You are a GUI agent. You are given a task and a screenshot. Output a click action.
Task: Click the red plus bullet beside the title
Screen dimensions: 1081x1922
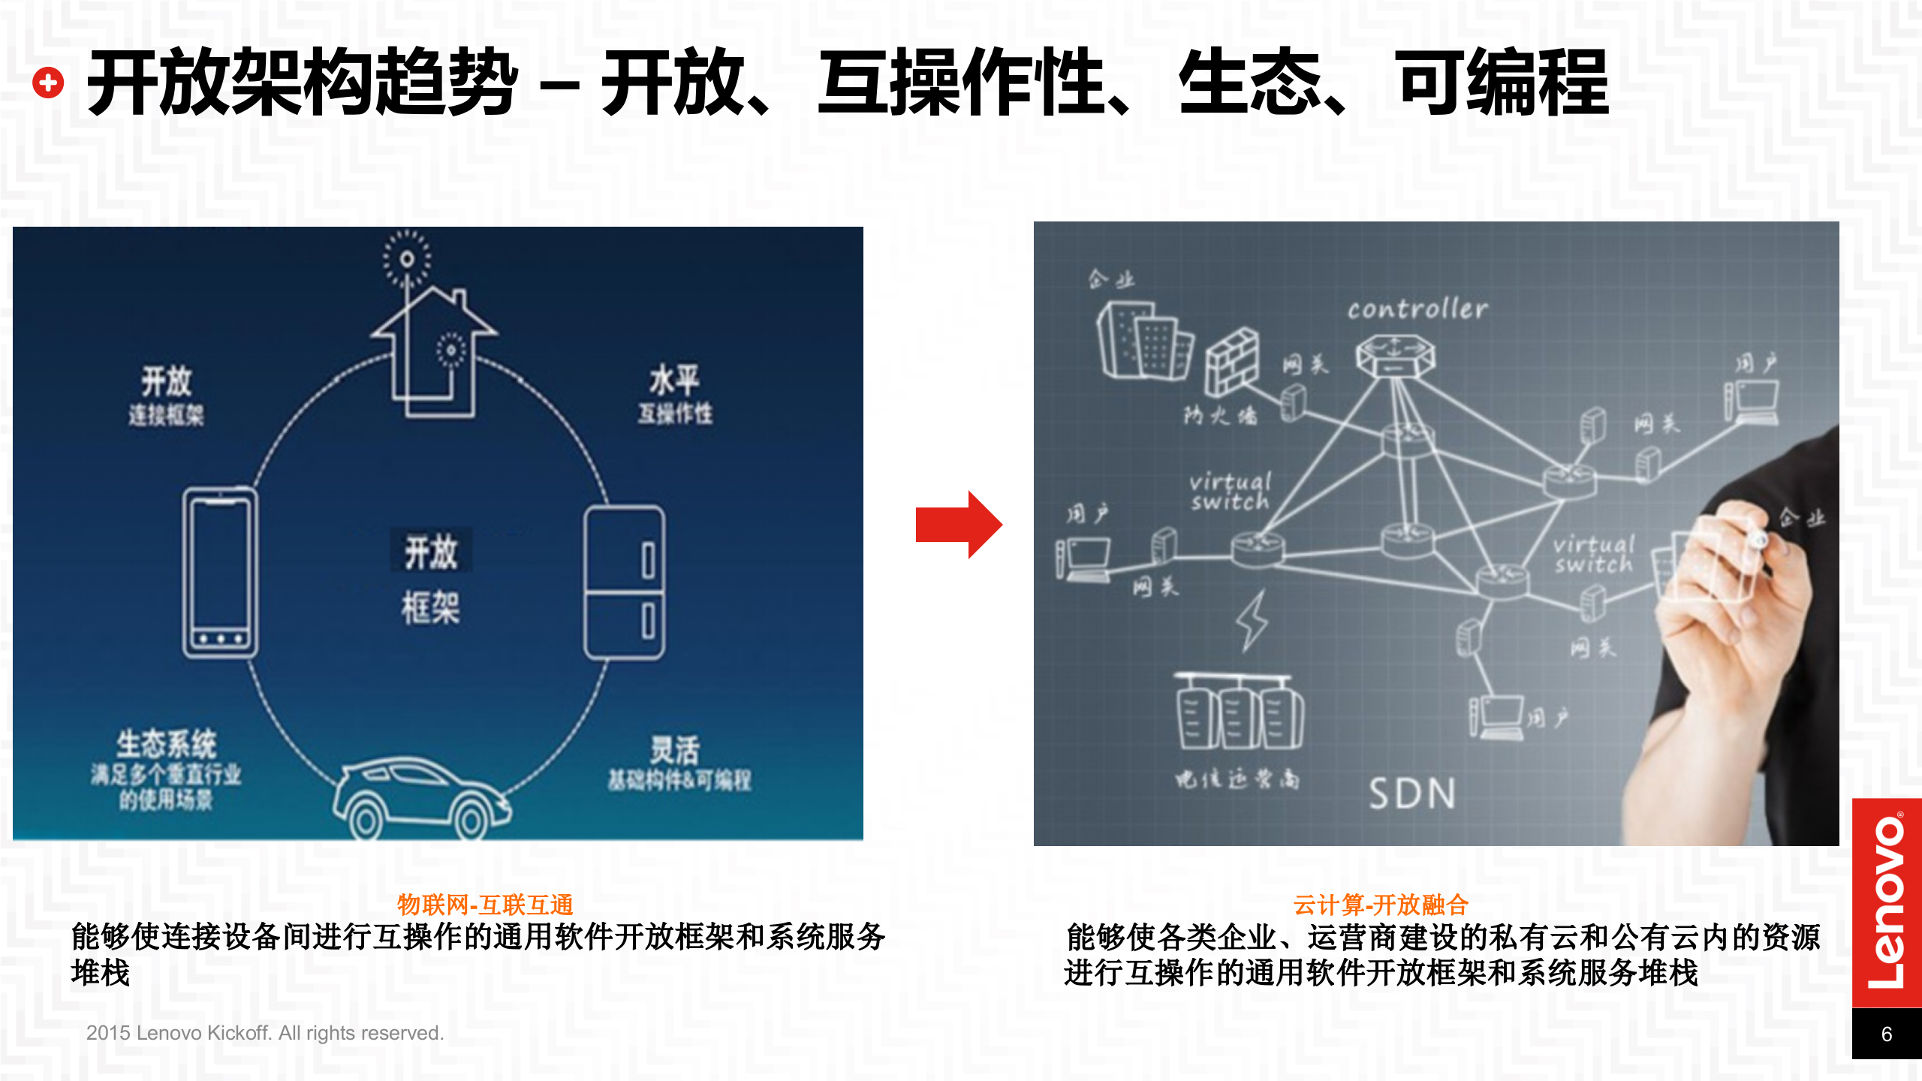tap(48, 83)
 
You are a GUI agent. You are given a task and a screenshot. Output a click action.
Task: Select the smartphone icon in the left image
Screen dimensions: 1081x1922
tap(220, 573)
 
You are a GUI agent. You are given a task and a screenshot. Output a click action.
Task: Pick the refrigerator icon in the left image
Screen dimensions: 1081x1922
tap(625, 583)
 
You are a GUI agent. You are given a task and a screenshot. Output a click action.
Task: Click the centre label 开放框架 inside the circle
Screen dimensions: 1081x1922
tap(431, 579)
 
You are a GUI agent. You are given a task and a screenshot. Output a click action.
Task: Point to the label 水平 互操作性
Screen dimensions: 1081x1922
tap(675, 394)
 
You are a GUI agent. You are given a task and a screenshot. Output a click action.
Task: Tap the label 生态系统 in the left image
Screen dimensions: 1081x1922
tap(166, 745)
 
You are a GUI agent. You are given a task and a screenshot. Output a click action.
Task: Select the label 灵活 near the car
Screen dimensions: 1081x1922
tap(675, 749)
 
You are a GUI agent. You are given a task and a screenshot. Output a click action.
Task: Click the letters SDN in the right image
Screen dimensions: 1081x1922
tap(1411, 793)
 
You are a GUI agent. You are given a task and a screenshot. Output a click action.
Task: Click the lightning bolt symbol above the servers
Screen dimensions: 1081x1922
tap(1252, 620)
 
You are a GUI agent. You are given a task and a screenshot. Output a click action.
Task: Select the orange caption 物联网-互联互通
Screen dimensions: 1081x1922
tap(485, 905)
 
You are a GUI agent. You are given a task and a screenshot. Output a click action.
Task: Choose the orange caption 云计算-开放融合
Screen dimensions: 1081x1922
tap(1380, 905)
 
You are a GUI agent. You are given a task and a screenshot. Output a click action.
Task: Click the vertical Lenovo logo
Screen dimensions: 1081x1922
tap(1886, 902)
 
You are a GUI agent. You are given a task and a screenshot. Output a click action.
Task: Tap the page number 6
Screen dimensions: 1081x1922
tap(1886, 1034)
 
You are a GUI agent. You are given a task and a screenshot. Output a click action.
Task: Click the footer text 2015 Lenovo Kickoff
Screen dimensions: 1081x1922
tap(264, 1033)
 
